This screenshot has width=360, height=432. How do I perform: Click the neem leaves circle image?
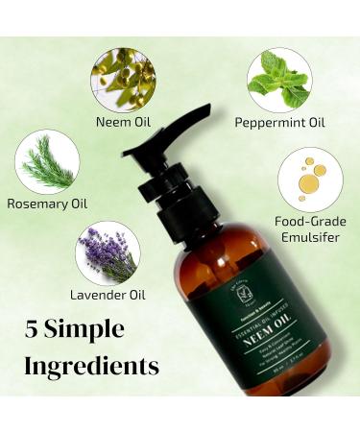coord(122,80)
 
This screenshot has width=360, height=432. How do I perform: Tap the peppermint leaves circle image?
coord(278,80)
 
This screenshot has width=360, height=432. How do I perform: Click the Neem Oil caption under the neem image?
coord(122,123)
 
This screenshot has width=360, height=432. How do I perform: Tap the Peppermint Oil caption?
coord(278,123)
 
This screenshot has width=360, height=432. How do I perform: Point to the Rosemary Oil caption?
coord(45,204)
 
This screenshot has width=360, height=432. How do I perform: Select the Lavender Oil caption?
coord(107,294)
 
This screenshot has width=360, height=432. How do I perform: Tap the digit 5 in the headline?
coord(36,331)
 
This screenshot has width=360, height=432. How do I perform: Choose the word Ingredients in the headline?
coord(91,366)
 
